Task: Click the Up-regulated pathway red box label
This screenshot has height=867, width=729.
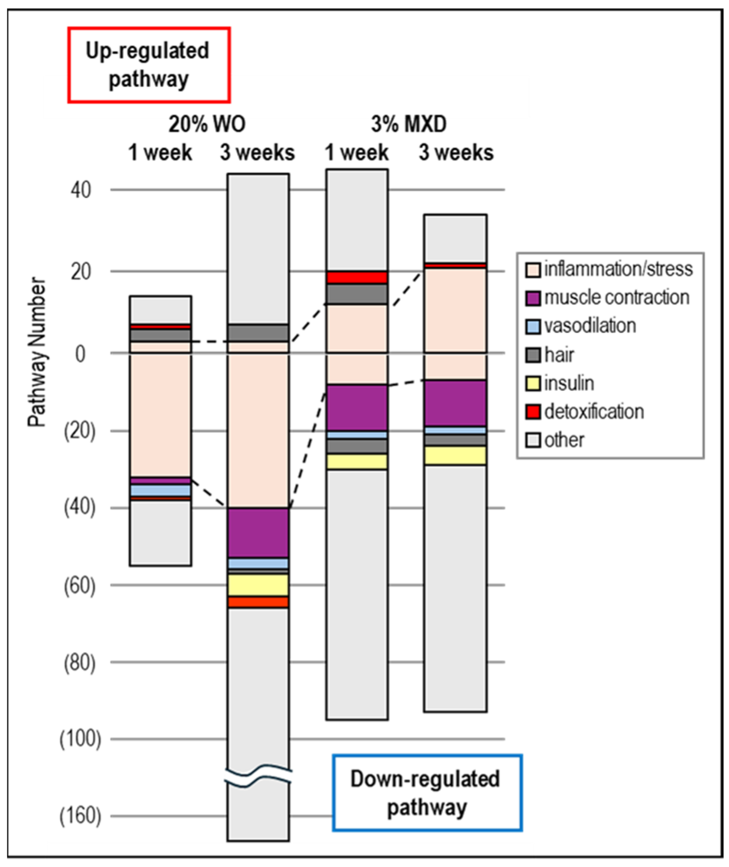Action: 148,65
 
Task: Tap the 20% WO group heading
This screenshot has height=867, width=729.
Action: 207,123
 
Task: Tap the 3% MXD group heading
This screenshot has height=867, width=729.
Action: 408,123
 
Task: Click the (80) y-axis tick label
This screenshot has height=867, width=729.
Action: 80,663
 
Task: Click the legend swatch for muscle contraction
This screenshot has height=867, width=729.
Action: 533,298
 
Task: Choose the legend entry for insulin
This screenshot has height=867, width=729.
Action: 569,384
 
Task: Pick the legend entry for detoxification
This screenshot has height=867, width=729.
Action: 593,412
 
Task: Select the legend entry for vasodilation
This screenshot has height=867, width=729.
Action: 589,326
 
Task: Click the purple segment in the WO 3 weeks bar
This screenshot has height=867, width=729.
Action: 258,533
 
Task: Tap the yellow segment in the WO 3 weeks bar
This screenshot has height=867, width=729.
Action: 258,585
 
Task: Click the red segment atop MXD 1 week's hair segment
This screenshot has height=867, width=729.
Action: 357,277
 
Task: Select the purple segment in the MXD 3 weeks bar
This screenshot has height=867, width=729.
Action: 455,403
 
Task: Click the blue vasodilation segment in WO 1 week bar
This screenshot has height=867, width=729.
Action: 160,491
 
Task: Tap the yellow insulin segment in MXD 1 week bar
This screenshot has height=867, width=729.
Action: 357,462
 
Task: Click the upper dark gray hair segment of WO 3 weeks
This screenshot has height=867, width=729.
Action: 258,333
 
